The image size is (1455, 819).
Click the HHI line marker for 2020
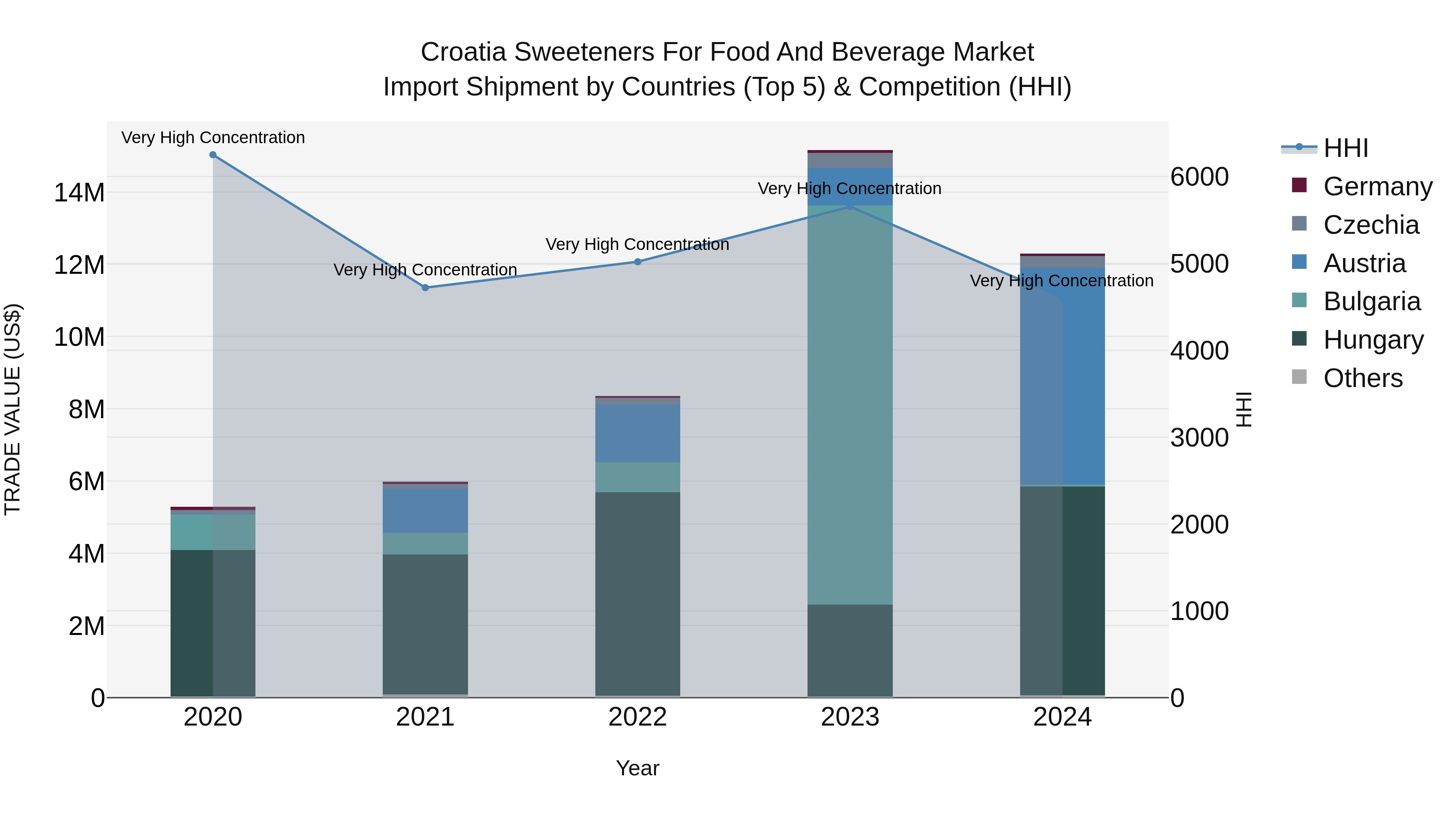[213, 155]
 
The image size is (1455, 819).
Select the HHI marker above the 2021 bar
[425, 288]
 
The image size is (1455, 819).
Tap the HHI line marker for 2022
[638, 262]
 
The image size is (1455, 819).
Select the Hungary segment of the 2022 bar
[638, 593]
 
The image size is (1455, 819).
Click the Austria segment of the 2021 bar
[425, 510]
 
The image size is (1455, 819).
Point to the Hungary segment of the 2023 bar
[850, 650]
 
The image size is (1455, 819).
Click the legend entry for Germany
[1377, 186]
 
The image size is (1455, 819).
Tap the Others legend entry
[1362, 378]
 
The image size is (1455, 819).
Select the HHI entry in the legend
[1345, 148]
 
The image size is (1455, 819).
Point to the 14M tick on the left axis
[79, 193]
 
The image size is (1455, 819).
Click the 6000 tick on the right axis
[1199, 177]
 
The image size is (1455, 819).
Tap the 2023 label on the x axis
[850, 717]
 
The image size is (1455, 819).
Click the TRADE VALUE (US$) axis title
[13, 409]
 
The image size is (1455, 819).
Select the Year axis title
[638, 768]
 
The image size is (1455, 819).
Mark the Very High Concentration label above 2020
[213, 138]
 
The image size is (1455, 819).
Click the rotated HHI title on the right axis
[1244, 409]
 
